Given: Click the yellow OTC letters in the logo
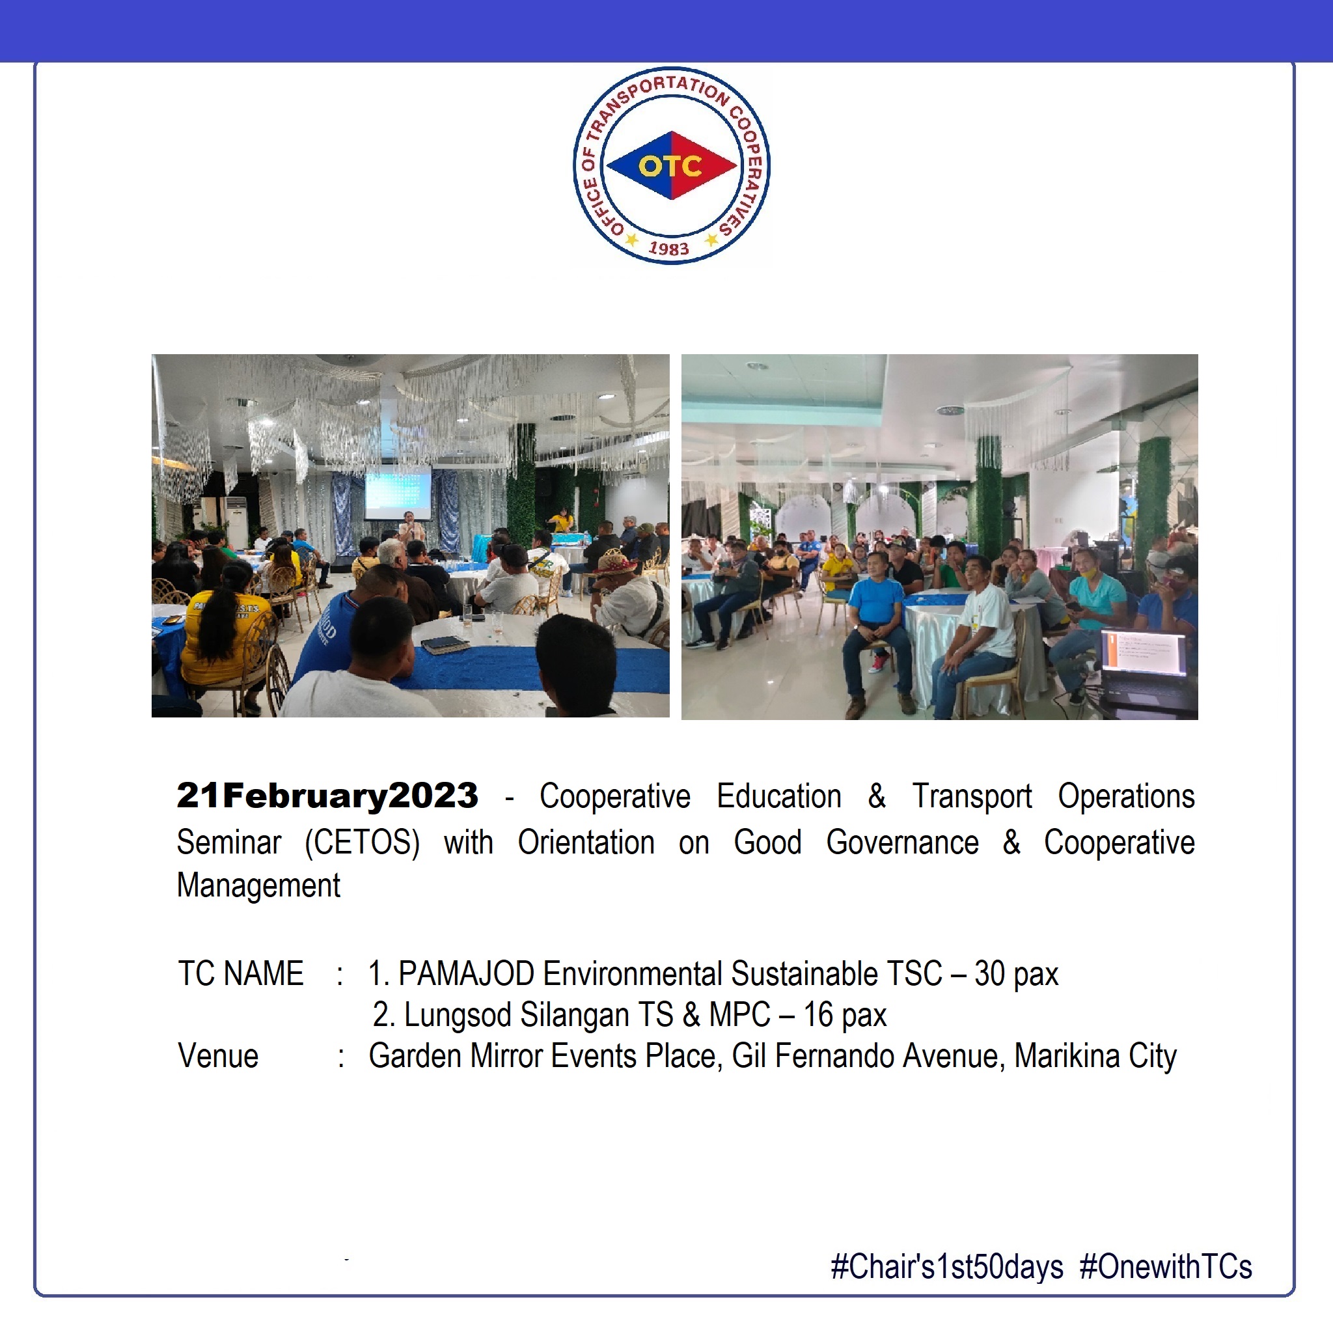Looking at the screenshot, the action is (670, 165).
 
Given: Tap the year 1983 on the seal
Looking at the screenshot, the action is (668, 248).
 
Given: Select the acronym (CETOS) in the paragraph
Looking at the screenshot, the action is (363, 842).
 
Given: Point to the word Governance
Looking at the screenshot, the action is (903, 842).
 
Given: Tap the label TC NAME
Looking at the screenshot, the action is (241, 974).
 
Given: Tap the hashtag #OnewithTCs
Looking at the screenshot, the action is (1166, 1266).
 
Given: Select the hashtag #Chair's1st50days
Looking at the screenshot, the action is (947, 1267).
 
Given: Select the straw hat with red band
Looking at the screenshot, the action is (612, 563).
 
